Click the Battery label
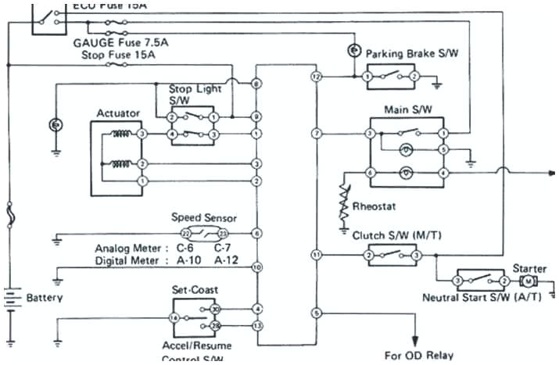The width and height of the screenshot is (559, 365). (x=45, y=298)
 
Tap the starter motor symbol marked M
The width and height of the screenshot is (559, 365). (x=529, y=281)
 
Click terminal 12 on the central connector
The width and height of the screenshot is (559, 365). (x=316, y=77)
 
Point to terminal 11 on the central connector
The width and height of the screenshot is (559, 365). (x=316, y=255)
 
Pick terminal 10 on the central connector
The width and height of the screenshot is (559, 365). (x=256, y=267)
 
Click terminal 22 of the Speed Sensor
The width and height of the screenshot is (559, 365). (x=185, y=234)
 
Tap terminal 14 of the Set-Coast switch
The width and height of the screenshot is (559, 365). (x=174, y=317)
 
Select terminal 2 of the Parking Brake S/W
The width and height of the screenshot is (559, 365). (x=416, y=77)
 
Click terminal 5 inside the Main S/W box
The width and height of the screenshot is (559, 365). (x=443, y=149)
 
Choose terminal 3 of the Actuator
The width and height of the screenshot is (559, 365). (x=142, y=134)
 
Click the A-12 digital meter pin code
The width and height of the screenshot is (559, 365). (x=227, y=260)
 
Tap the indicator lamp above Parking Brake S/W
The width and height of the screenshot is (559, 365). (x=353, y=50)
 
